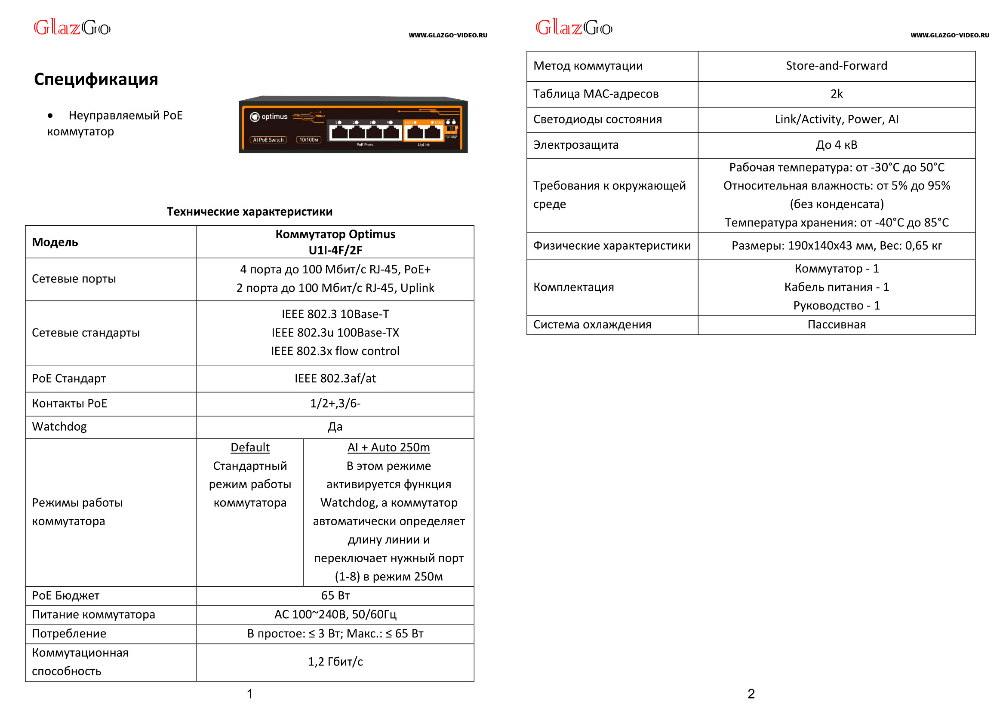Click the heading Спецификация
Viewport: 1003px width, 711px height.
tap(96, 79)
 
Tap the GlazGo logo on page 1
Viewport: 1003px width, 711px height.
tap(72, 28)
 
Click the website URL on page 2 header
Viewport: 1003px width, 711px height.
tap(949, 35)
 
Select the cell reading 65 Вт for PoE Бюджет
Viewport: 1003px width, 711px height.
tap(335, 595)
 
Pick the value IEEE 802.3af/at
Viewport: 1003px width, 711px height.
tap(335, 378)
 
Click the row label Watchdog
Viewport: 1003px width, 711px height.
tap(59, 426)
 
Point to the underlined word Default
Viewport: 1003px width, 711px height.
tap(249, 447)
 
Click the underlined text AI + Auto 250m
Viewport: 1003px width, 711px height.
tap(388, 447)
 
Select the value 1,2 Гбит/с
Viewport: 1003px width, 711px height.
tap(335, 662)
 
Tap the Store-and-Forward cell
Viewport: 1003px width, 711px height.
tap(836, 66)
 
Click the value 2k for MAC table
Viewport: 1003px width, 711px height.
tap(836, 94)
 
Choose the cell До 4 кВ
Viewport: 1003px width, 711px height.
tap(836, 145)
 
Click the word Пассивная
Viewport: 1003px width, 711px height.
tap(836, 325)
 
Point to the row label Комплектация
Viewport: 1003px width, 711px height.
tap(573, 287)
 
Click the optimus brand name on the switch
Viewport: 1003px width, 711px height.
tap(274, 117)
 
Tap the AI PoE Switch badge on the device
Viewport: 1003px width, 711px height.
tap(268, 140)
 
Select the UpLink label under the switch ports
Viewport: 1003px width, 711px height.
tap(424, 145)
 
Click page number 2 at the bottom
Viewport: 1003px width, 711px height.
tap(751, 694)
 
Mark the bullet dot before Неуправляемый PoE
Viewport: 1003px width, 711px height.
tap(50, 116)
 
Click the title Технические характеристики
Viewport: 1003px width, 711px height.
tap(249, 212)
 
